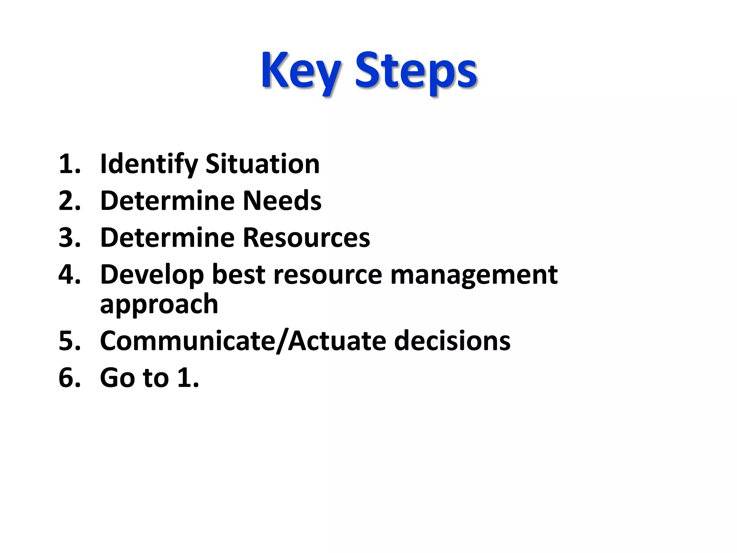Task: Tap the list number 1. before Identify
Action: pos(69,164)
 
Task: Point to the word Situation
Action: pos(262,164)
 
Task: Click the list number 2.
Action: pos(69,201)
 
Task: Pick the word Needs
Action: pos(282,201)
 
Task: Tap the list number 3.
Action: pos(69,238)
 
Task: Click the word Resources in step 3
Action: pos(307,238)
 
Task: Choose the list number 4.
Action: pos(69,274)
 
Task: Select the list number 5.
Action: pos(69,341)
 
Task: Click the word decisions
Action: pos(452,341)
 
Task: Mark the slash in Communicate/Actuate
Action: pos(282,341)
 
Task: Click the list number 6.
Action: pos(69,378)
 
